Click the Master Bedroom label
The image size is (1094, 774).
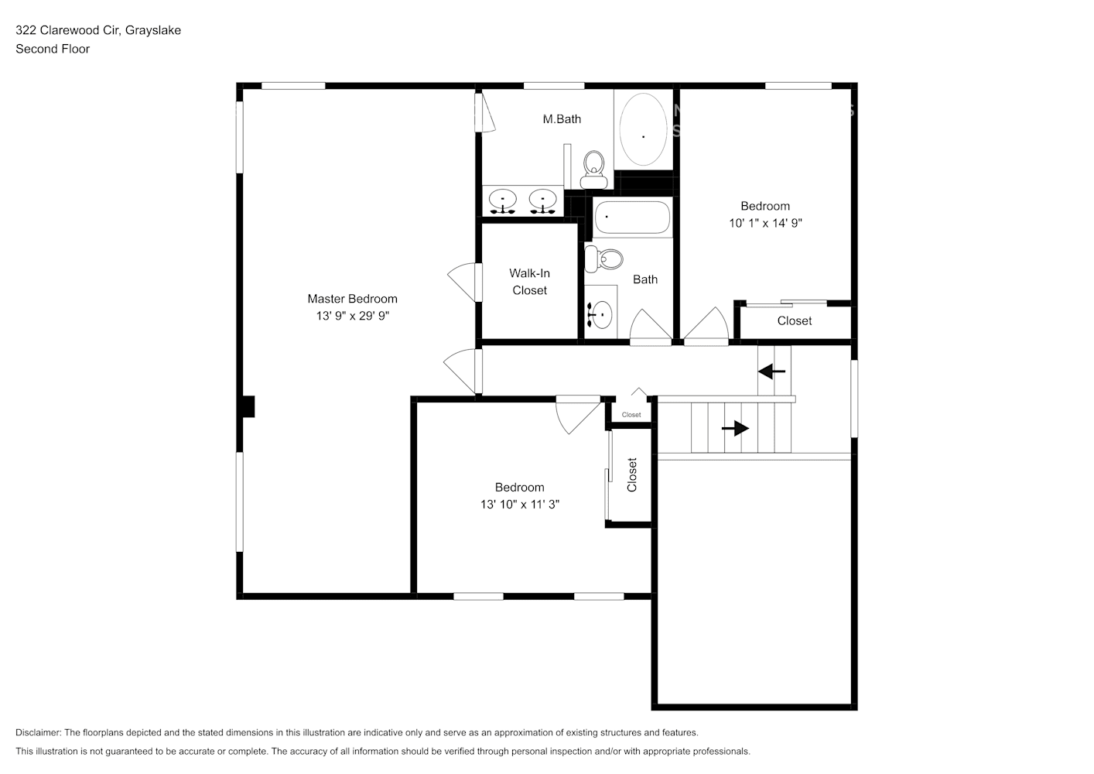click(x=352, y=299)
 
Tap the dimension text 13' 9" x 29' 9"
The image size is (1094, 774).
click(x=352, y=316)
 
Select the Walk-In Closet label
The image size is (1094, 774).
click(x=529, y=282)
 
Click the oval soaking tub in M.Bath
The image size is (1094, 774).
click(x=643, y=129)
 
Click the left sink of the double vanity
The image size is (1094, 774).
click(x=503, y=201)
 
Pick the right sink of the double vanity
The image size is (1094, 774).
click(x=542, y=201)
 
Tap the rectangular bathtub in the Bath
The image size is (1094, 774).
click(x=632, y=217)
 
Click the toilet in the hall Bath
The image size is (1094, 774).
click(x=603, y=259)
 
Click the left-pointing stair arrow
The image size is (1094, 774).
click(x=771, y=372)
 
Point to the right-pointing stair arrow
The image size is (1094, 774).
click(x=736, y=428)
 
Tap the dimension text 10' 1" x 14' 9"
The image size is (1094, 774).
click(x=765, y=223)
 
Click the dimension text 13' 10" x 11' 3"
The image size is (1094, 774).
click(x=519, y=505)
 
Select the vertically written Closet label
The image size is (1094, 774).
click(x=632, y=474)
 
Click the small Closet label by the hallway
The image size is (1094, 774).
click(x=631, y=415)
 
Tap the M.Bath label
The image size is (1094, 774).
click(x=562, y=119)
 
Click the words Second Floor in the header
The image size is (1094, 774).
click(x=53, y=49)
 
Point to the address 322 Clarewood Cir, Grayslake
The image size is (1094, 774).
click(x=98, y=30)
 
